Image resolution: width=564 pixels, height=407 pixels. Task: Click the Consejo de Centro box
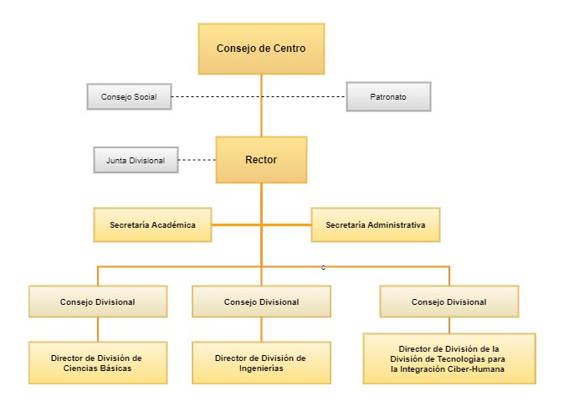[x=261, y=49]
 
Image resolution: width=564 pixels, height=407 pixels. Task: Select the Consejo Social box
[x=129, y=97]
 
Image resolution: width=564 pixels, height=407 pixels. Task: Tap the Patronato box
[x=388, y=97]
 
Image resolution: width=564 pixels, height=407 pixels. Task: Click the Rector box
[x=261, y=159]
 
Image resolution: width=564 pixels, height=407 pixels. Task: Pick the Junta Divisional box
[x=136, y=159]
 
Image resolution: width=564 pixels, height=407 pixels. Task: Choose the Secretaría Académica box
[x=152, y=224]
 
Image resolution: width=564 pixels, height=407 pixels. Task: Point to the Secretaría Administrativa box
[x=376, y=224]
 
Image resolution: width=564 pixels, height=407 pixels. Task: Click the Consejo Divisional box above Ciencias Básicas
[x=98, y=301]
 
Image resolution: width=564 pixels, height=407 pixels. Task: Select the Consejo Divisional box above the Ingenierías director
[x=261, y=301]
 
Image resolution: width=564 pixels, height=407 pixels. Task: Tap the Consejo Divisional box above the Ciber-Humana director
[x=449, y=301]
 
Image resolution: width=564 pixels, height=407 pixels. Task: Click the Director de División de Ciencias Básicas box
[x=98, y=363]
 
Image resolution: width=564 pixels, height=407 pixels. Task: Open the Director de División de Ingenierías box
[x=261, y=363]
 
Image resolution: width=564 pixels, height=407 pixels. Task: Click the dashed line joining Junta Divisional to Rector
[x=197, y=159]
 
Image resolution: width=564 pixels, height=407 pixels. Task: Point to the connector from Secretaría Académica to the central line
[x=236, y=224]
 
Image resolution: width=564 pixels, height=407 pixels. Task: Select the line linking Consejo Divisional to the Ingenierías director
[x=261, y=329]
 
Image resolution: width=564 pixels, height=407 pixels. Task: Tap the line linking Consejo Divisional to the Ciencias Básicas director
[x=98, y=329]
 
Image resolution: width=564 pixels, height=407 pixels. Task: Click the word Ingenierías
[x=260, y=368]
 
